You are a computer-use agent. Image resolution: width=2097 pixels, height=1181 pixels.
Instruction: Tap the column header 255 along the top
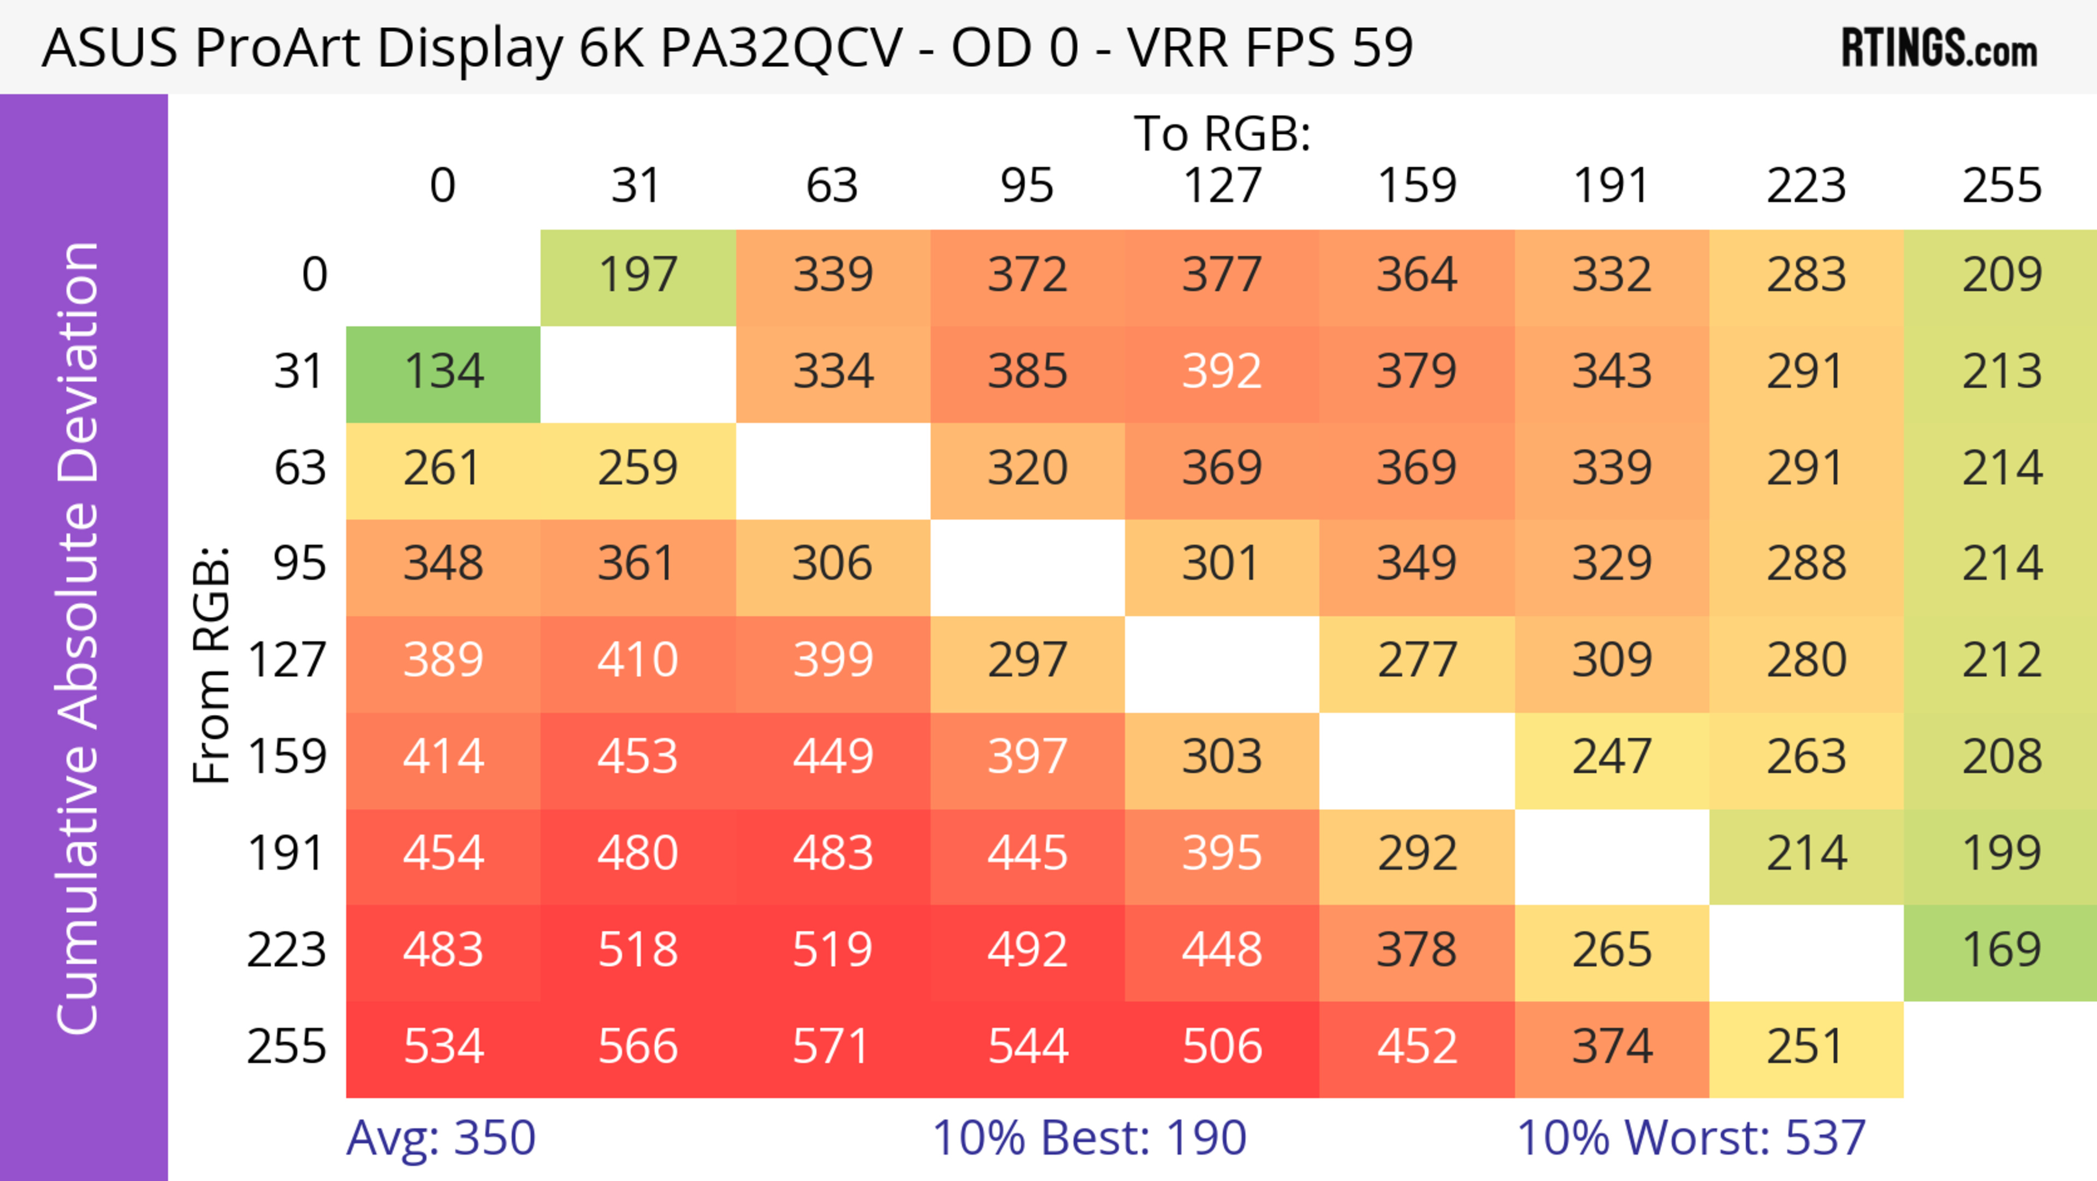tap(2001, 186)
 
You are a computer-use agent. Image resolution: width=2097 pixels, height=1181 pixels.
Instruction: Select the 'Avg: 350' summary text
tap(440, 1138)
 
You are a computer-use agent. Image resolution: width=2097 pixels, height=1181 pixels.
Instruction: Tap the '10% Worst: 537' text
tap(1691, 1138)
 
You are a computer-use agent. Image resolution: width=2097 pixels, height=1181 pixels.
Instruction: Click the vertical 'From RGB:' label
tap(212, 665)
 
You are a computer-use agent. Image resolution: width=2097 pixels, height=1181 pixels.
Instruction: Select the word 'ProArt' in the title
tap(277, 49)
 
